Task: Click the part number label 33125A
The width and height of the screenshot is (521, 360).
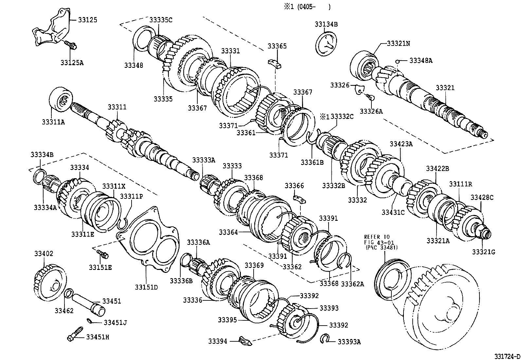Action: pyautogui.click(x=72, y=62)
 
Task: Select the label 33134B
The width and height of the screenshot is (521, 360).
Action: pyautogui.click(x=326, y=24)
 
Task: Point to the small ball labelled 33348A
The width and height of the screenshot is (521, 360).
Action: pyautogui.click(x=397, y=61)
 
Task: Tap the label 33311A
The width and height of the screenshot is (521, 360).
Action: pyautogui.click(x=53, y=122)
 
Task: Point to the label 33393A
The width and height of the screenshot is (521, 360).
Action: pyautogui.click(x=349, y=342)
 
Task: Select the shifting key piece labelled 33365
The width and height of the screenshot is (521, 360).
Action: pyautogui.click(x=275, y=63)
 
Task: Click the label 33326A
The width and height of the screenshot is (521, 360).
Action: pyautogui.click(x=371, y=111)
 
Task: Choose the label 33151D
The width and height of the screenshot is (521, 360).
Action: pyautogui.click(x=146, y=287)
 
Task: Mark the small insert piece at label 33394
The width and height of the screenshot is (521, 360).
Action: pyautogui.click(x=245, y=341)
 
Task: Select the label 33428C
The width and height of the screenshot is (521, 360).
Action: pyautogui.click(x=482, y=197)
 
